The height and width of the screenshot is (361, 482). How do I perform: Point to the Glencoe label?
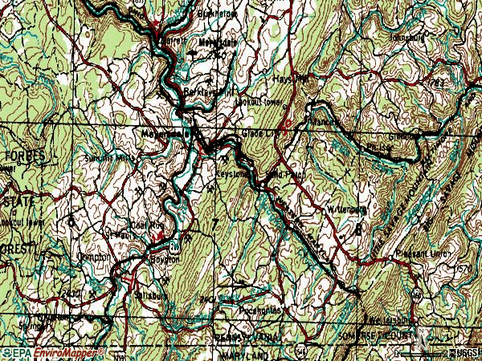[402, 136]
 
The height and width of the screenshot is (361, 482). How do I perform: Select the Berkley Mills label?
[201, 93]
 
